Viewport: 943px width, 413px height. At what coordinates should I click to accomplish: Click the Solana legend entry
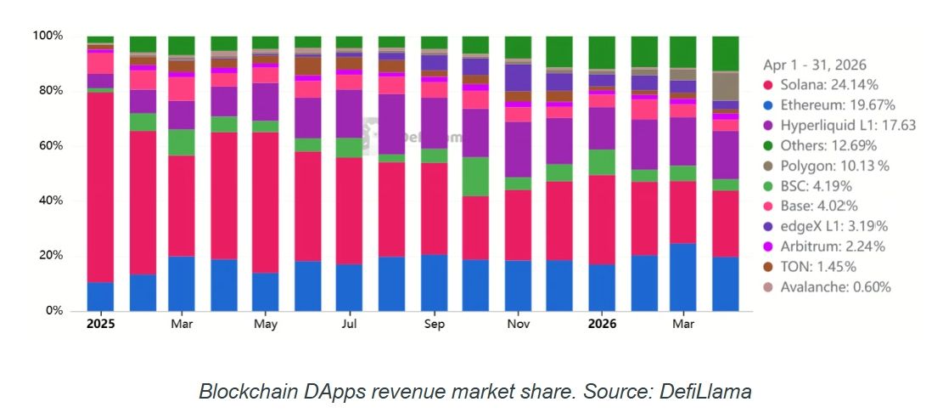822,85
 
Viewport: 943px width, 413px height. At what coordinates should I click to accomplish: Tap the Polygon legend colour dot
769,167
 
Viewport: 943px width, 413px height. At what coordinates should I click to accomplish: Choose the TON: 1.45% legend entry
810,267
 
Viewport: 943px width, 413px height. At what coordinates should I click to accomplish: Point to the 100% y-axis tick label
48,36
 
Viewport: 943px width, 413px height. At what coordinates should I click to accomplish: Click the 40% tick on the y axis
51,201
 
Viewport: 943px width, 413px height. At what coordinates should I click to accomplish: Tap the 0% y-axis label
53,311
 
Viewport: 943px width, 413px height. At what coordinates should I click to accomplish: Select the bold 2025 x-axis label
100,324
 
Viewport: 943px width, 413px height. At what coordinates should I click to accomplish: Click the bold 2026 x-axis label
602,324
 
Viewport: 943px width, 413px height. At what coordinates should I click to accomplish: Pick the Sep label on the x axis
435,324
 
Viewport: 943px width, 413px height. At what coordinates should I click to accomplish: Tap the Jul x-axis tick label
350,324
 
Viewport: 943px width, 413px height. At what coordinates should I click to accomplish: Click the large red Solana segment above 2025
100,187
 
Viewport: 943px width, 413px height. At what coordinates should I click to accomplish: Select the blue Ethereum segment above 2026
602,288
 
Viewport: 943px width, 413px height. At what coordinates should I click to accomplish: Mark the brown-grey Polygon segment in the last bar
726,86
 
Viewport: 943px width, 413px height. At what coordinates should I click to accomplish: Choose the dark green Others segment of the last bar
726,54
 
